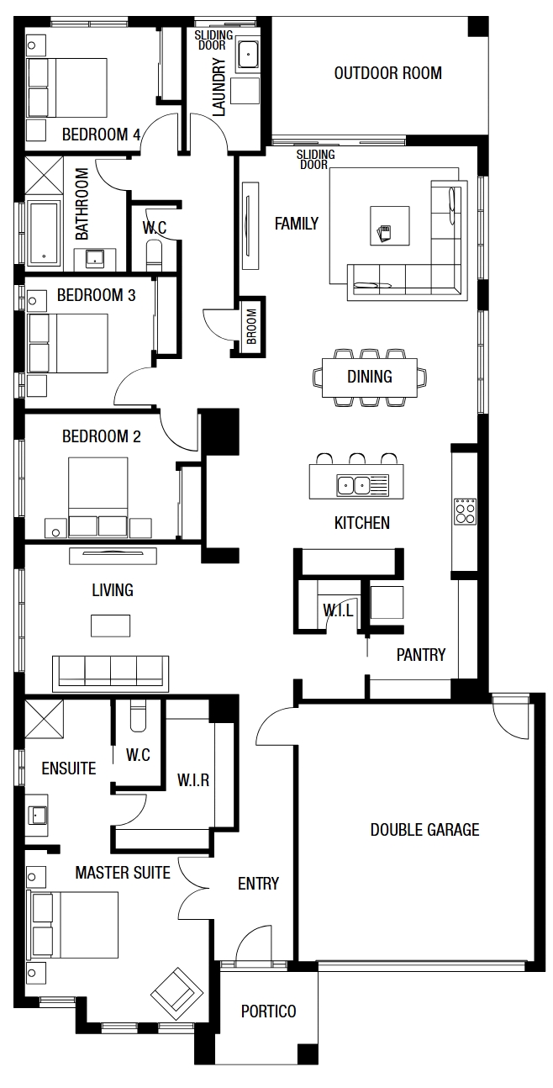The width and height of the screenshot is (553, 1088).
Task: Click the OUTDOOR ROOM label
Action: tap(388, 73)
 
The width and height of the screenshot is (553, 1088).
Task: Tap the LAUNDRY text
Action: tap(219, 87)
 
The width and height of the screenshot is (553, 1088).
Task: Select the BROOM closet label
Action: tap(251, 326)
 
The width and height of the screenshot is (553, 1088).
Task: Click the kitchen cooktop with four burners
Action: tap(465, 511)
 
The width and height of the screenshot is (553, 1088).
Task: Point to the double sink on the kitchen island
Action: tap(354, 485)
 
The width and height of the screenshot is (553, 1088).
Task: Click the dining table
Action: tap(370, 378)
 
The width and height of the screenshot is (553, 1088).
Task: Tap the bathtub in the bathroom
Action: tap(44, 233)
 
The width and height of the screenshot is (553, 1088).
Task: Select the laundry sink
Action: tap(248, 54)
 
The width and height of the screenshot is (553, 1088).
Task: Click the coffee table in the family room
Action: tap(389, 224)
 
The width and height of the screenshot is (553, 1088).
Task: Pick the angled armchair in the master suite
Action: tap(177, 994)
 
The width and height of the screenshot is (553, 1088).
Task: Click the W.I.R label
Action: tap(193, 780)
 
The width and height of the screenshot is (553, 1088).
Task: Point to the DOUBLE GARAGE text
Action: tap(424, 830)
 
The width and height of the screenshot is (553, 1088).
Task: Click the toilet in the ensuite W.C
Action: tap(138, 715)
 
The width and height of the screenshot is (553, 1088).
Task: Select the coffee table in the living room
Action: tap(111, 626)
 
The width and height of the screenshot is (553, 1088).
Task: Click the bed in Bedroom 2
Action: tap(98, 496)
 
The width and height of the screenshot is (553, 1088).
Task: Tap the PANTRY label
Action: tap(421, 655)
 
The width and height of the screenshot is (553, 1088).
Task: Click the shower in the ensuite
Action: tap(45, 719)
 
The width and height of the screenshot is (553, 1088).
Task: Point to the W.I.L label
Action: tap(339, 610)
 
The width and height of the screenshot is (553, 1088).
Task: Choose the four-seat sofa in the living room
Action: tap(111, 673)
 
